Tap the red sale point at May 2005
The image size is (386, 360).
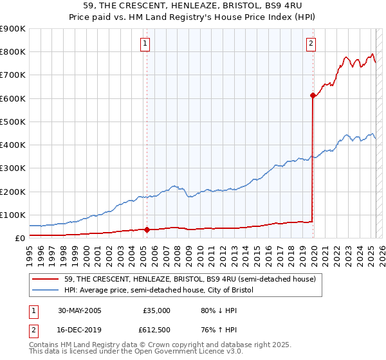(x=147, y=230)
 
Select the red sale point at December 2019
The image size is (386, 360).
(x=313, y=95)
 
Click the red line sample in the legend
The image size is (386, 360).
(x=47, y=280)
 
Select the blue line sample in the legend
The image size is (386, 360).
(x=47, y=291)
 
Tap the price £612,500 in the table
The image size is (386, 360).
(x=154, y=330)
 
